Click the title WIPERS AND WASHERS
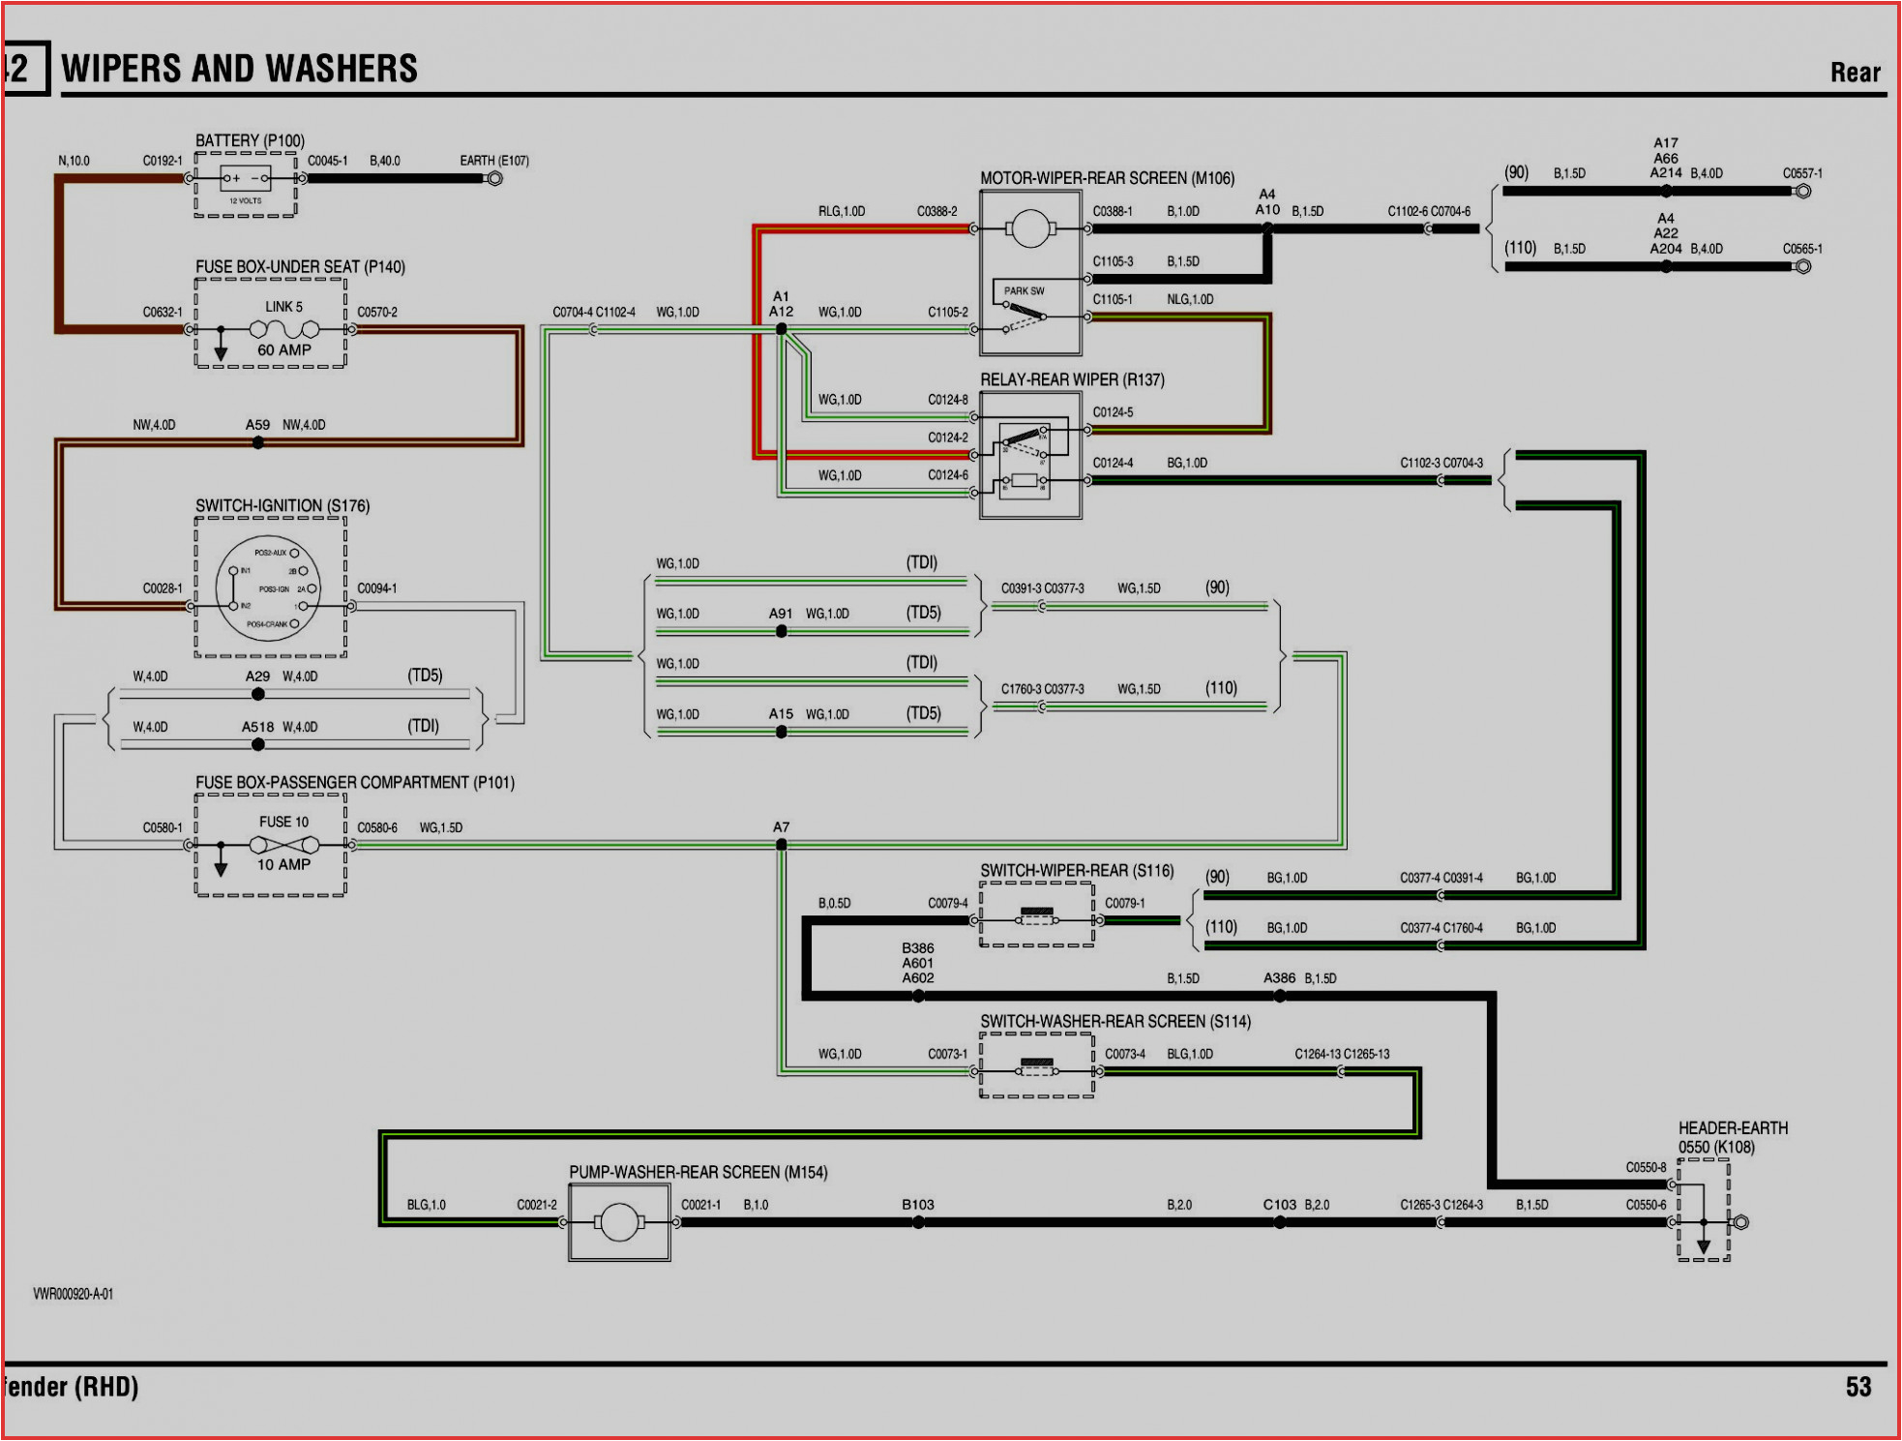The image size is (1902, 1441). click(239, 69)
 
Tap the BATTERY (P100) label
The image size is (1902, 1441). click(250, 141)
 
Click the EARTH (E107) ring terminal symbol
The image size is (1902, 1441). click(494, 178)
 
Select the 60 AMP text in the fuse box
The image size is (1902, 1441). click(283, 350)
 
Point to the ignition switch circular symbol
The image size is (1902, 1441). click(268, 588)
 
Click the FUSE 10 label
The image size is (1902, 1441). click(283, 822)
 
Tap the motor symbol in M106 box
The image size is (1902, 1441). click(1029, 229)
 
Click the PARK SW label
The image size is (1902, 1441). click(1024, 291)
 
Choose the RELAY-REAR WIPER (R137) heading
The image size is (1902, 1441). click(1072, 380)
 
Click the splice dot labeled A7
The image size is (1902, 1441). click(782, 845)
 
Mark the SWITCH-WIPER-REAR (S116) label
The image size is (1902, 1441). click(1077, 871)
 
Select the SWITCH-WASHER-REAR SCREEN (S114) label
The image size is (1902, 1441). click(1114, 1022)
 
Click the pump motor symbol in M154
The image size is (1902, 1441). click(619, 1223)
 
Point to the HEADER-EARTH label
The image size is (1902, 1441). click(1733, 1128)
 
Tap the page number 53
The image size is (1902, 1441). click(1857, 1388)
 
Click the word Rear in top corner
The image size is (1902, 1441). click(1855, 73)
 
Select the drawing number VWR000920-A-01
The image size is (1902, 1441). click(74, 1294)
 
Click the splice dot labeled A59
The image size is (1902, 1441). click(257, 443)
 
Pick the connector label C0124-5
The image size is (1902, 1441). click(1113, 413)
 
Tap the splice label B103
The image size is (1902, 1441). click(917, 1205)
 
